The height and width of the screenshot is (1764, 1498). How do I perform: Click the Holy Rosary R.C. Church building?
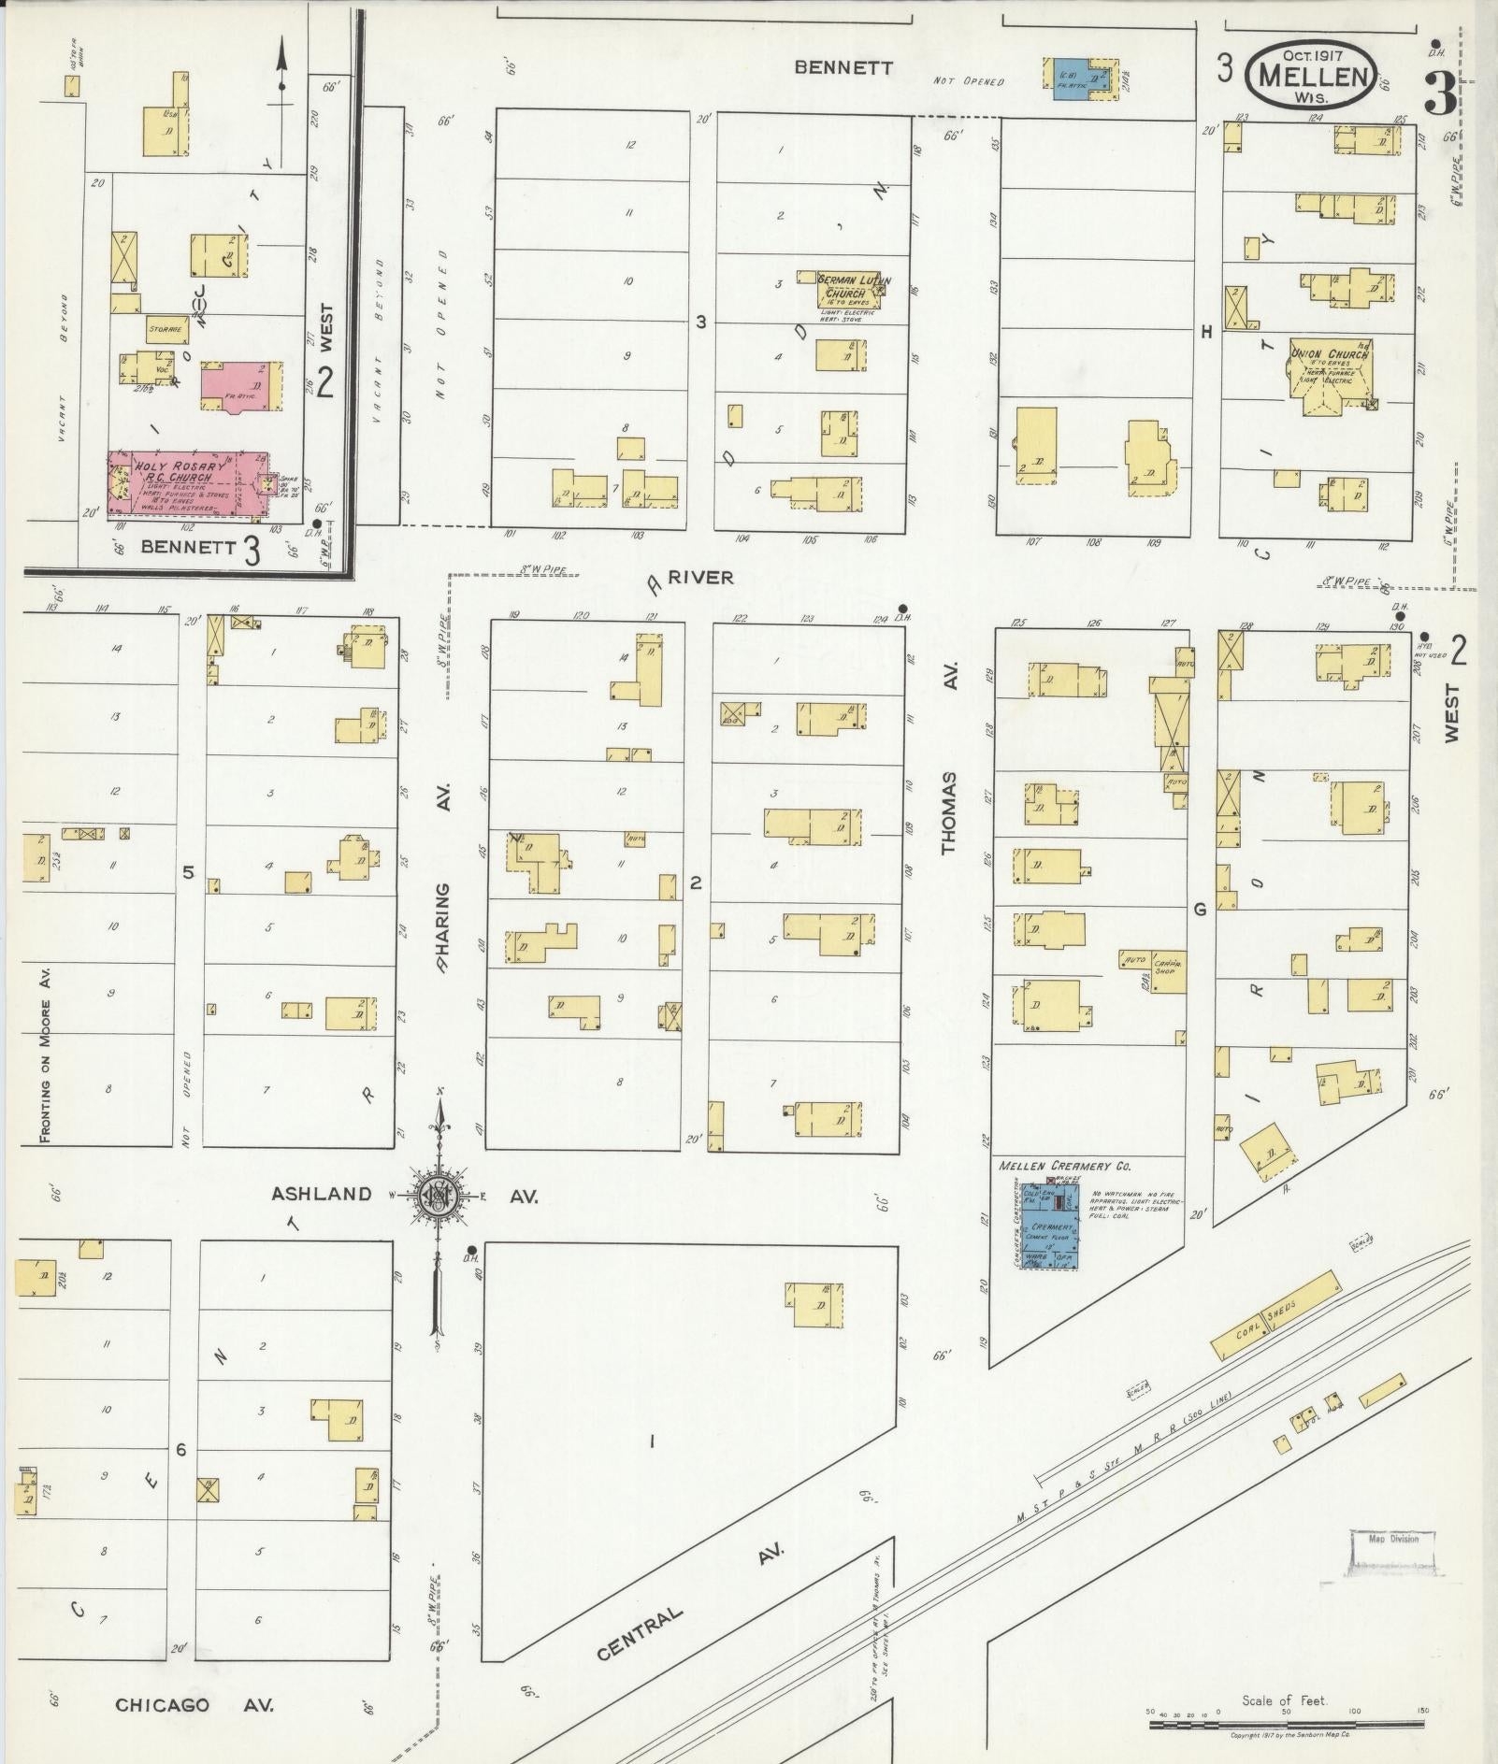(187, 482)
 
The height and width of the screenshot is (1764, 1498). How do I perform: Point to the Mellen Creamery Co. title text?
(1064, 1167)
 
